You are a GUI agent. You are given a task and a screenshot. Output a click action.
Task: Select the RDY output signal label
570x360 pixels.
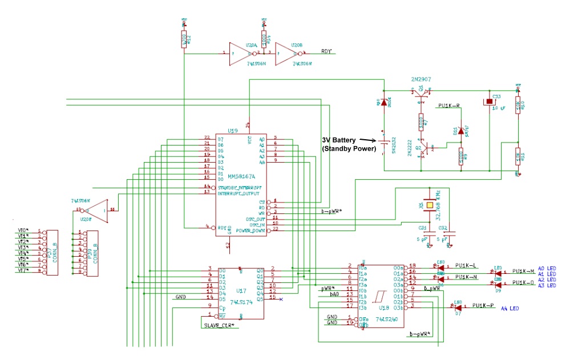point(326,51)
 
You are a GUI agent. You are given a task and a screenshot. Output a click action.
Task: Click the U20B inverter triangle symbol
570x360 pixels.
point(285,54)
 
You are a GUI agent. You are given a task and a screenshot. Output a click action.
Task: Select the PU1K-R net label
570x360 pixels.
point(449,106)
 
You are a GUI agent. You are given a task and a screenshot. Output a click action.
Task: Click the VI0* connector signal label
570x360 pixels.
point(23,230)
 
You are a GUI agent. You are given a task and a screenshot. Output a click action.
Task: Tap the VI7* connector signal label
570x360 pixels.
point(23,270)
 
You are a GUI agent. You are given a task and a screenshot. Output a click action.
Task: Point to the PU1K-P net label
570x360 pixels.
point(483,306)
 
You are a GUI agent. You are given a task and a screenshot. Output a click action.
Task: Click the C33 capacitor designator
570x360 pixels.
point(496,96)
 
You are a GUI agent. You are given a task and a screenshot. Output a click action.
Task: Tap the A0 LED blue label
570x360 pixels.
point(546,268)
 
